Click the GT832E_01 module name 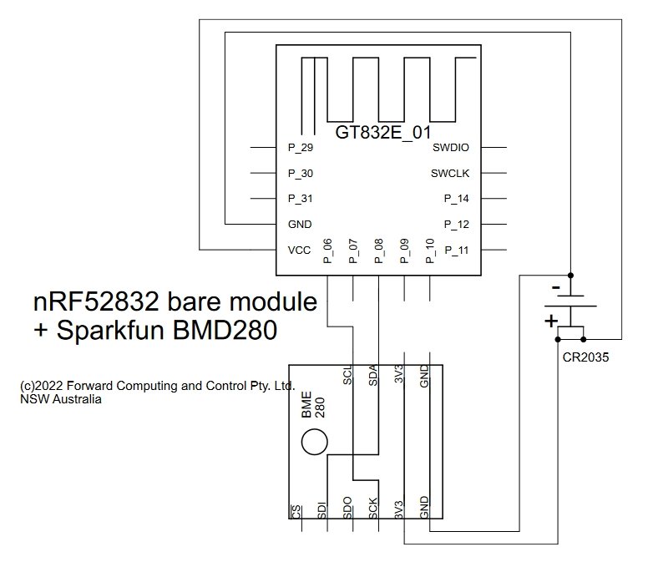click(x=383, y=133)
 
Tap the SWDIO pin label click(x=450, y=148)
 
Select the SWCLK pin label click(x=450, y=173)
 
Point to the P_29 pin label click(x=301, y=148)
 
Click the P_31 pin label click(x=301, y=199)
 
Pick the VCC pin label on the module click(x=299, y=250)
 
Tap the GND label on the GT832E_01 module click(x=300, y=225)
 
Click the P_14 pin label click(x=456, y=199)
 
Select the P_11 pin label click(x=456, y=250)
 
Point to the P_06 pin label click(x=327, y=251)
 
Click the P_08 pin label click(x=379, y=251)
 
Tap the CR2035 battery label click(x=585, y=357)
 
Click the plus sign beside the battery click(x=551, y=321)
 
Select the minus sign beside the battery click(x=556, y=287)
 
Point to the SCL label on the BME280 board click(x=347, y=374)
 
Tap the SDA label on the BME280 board click(x=373, y=375)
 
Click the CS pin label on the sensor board click(x=296, y=512)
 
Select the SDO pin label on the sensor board click(x=347, y=508)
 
